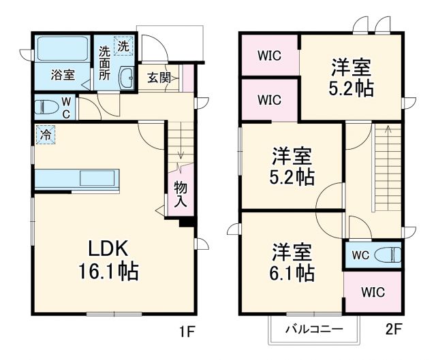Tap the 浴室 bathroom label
63,76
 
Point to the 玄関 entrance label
158,77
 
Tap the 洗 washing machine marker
123,46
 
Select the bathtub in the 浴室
62,49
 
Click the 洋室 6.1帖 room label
294,262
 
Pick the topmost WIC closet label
269,56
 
